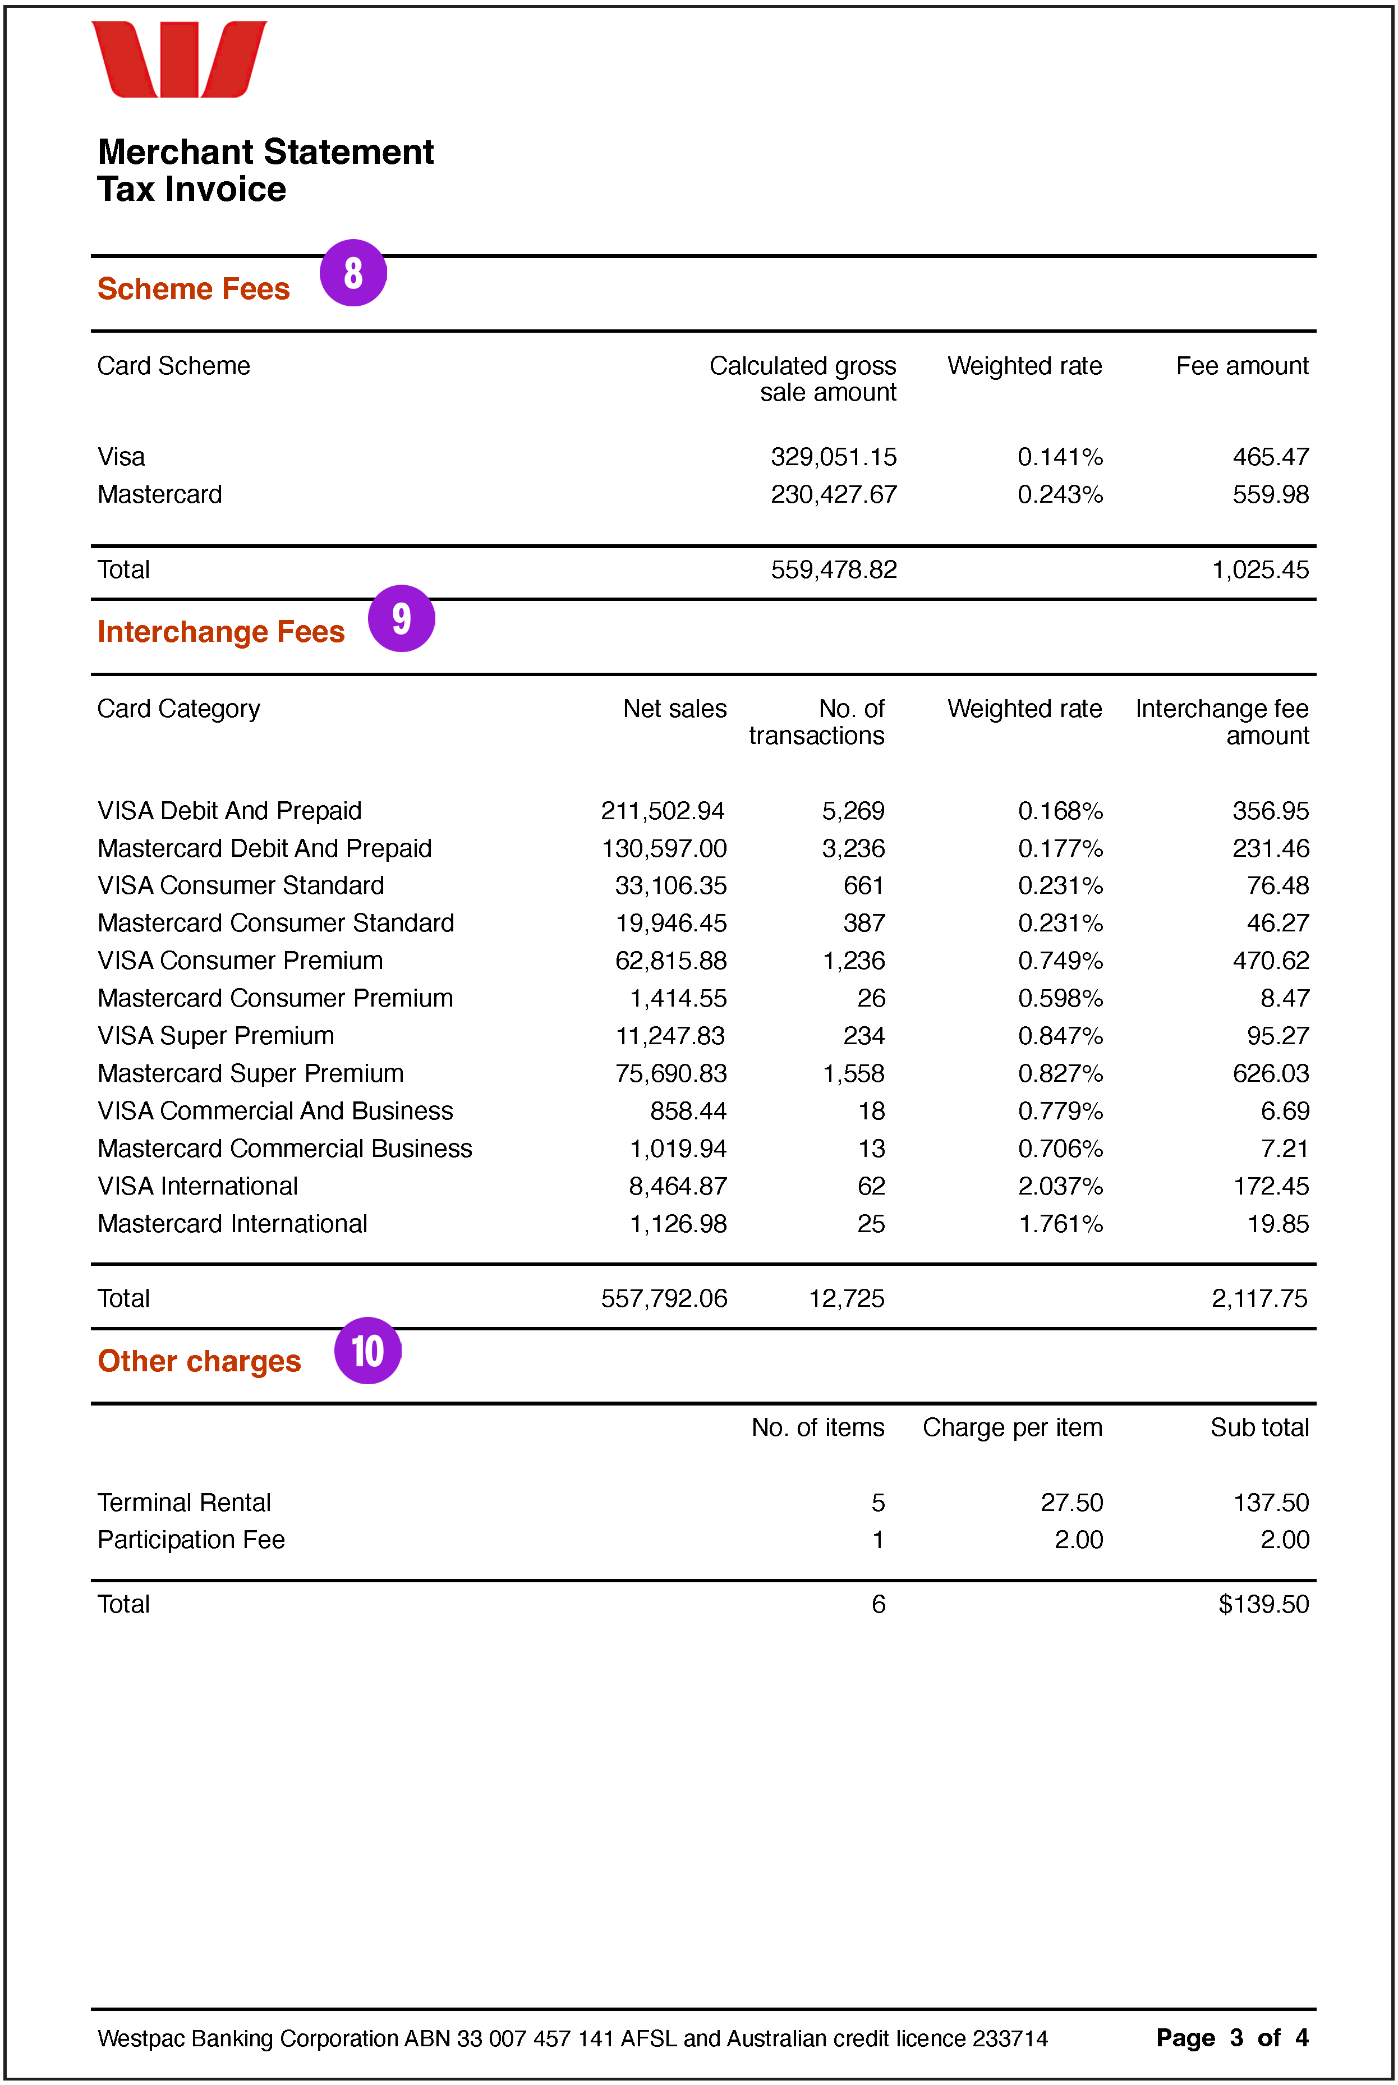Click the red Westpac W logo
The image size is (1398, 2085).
pyautogui.click(x=178, y=59)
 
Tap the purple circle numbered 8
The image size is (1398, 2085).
pyautogui.click(x=353, y=273)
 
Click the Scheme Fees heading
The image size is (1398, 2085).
pyautogui.click(x=194, y=289)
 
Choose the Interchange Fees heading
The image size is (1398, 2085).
pyautogui.click(x=220, y=631)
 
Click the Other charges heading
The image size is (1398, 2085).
pyautogui.click(x=199, y=1361)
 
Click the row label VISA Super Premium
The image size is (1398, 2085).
pyautogui.click(x=216, y=1035)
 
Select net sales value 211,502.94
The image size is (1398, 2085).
pyautogui.click(x=663, y=811)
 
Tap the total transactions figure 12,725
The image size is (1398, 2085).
pyautogui.click(x=845, y=1298)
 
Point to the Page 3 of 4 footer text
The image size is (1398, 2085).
pyautogui.click(x=1231, y=2038)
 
